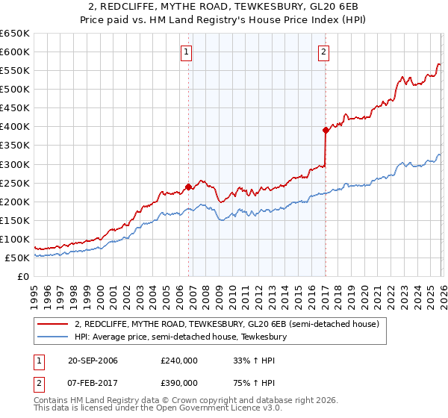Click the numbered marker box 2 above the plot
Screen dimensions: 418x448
tap(324, 52)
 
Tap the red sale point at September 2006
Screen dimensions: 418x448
tap(188, 187)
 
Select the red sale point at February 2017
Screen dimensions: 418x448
tap(326, 130)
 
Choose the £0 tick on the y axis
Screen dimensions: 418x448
tap(23, 276)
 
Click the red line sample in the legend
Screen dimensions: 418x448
tap(53, 324)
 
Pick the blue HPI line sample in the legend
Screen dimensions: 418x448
tap(53, 337)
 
